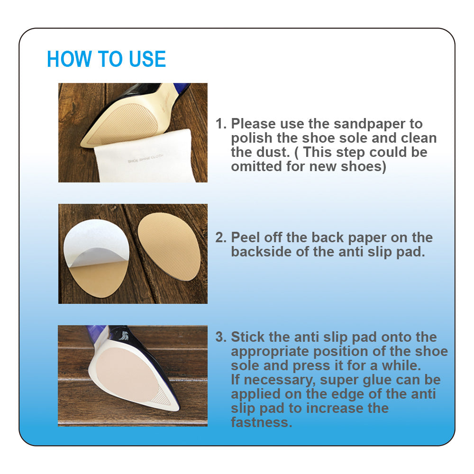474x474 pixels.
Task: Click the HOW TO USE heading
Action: click(x=106, y=59)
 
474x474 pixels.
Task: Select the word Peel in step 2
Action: click(x=245, y=237)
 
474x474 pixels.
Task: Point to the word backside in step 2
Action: click(x=261, y=252)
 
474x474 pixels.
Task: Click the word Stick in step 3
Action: click(x=247, y=337)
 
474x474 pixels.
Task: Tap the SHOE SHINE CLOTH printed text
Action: click(x=146, y=158)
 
